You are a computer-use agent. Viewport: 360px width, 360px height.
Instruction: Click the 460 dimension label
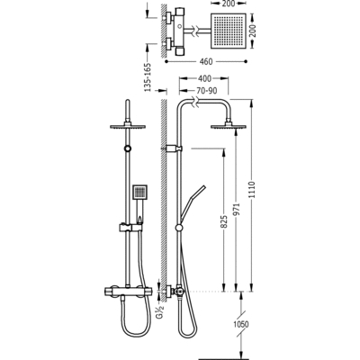[x=206, y=62]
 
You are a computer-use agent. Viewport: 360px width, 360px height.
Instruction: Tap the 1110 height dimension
[x=252, y=189]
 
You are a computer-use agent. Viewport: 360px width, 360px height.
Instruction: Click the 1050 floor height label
[x=241, y=324]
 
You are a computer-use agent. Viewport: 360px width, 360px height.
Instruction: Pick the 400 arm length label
[x=204, y=78]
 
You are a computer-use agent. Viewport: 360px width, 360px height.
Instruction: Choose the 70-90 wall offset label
[x=207, y=91]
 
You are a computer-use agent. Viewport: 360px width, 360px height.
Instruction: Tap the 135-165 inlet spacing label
[x=148, y=77]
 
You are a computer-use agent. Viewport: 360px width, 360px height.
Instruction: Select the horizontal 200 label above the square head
[x=228, y=4]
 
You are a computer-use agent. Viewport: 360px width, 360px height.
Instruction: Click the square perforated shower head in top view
[x=229, y=31]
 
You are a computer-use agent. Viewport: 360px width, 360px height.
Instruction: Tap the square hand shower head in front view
[x=139, y=191]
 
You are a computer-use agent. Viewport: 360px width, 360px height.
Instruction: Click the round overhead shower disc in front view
[x=128, y=127]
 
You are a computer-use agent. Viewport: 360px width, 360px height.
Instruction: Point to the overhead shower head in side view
[x=229, y=127]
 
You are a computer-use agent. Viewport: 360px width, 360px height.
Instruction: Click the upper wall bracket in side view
[x=174, y=148]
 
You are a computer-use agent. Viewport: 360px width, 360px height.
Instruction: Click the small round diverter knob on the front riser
[x=128, y=148]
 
